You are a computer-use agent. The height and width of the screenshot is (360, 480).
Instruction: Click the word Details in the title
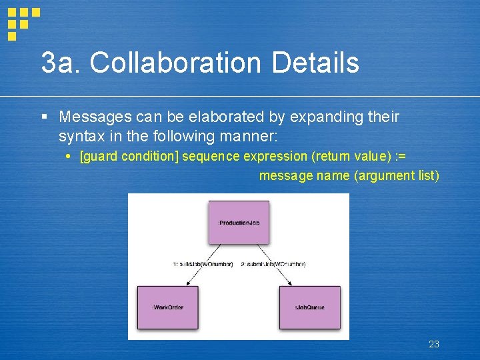point(315,63)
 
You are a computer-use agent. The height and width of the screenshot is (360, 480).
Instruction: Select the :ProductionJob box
point(238,222)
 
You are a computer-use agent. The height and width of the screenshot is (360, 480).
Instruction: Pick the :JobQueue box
point(310,307)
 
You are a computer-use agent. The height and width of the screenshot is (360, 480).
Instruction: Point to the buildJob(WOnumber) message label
point(203,264)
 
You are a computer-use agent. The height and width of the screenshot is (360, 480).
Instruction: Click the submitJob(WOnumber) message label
point(273,264)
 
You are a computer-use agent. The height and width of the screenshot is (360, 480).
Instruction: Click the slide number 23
point(433,344)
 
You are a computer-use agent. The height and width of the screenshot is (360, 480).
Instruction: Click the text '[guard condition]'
point(129,157)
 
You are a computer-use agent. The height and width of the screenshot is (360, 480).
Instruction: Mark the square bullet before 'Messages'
point(44,117)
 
